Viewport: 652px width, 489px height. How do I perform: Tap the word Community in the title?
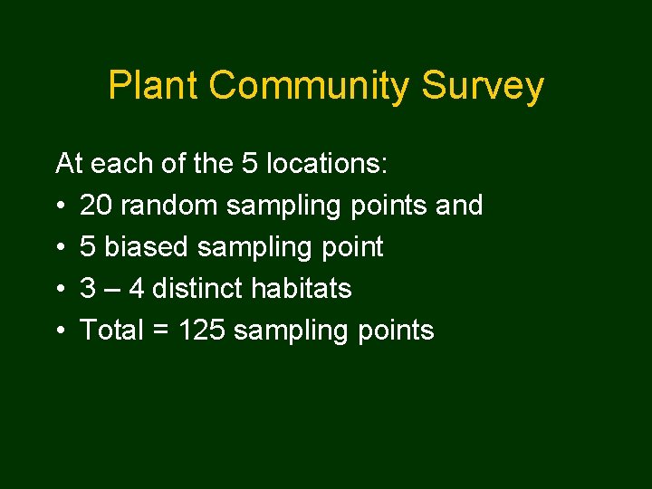pos(309,86)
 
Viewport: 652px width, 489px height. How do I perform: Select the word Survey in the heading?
pos(483,86)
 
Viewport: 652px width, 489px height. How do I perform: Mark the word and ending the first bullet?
pos(459,206)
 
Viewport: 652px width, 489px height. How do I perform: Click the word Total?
pos(112,331)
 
